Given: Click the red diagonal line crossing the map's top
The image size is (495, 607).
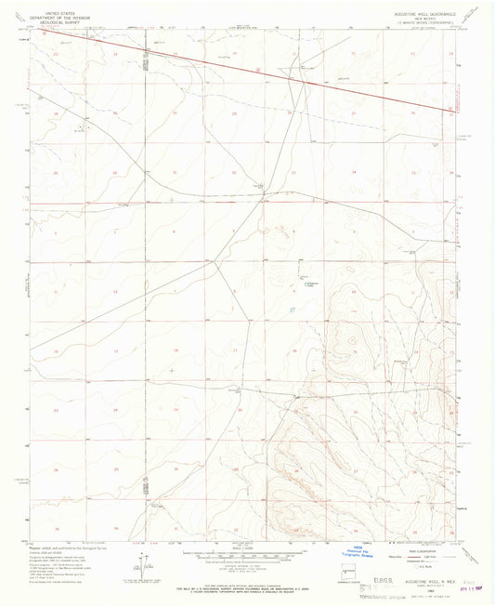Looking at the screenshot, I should pyautogui.click(x=260, y=70).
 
